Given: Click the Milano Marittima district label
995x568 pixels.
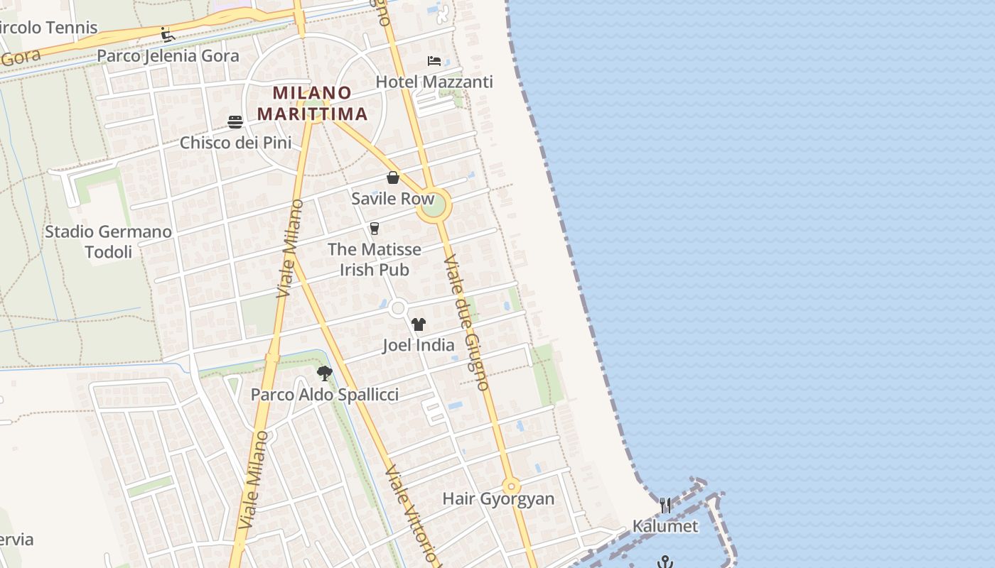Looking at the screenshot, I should click(x=312, y=103).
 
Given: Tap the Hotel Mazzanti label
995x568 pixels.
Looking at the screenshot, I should click(x=434, y=82).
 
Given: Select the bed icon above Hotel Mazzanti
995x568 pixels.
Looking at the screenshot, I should click(x=434, y=61).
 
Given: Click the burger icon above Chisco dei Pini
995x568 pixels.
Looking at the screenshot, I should click(x=235, y=121).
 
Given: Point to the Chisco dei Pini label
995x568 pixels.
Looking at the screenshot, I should click(x=235, y=143).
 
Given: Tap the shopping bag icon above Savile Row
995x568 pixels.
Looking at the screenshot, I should click(x=393, y=177).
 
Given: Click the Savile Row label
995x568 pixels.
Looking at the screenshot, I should click(x=392, y=199).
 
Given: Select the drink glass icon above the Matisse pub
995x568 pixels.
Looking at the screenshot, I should click(x=375, y=228).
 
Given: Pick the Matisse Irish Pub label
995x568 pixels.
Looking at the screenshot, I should click(x=375, y=260).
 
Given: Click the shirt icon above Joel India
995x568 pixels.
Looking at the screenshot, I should click(x=418, y=324).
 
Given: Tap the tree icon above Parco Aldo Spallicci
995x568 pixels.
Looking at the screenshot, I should click(x=325, y=373).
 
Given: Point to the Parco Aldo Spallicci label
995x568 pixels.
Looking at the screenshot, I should click(x=325, y=395).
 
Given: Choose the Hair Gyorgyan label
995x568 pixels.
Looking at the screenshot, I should click(x=498, y=498).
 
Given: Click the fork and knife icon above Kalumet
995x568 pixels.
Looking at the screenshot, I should click(x=665, y=506).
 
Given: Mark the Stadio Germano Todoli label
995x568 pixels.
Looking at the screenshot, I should click(x=108, y=242).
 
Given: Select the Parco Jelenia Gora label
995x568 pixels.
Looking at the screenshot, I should click(x=168, y=56).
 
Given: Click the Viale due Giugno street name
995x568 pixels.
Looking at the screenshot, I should click(x=467, y=323).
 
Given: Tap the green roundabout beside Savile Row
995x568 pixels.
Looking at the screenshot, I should click(x=434, y=205).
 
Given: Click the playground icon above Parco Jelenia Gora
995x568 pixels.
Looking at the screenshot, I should click(x=168, y=35).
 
